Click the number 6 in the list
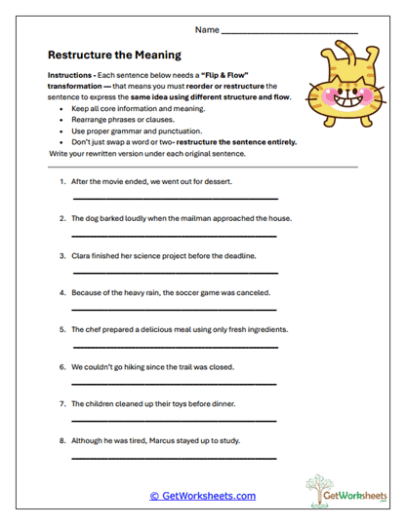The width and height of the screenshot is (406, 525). tap(61, 367)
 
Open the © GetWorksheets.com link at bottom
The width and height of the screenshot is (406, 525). tap(202, 496)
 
